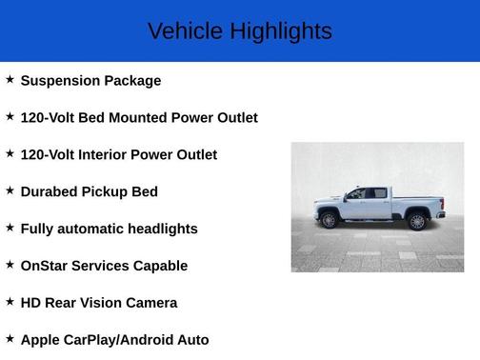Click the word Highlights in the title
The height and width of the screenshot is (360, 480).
coord(279,31)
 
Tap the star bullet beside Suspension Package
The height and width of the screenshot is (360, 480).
coord(10,80)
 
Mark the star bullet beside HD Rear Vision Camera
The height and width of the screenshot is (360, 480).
coord(10,302)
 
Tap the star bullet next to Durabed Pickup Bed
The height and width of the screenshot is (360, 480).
coord(10,190)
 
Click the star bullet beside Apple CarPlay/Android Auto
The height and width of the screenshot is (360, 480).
coord(10,339)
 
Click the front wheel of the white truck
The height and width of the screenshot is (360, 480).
coord(330,221)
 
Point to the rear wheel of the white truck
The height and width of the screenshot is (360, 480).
coord(416,222)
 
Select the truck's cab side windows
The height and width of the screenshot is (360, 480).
coord(368,193)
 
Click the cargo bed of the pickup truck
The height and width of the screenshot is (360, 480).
coord(419,203)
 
